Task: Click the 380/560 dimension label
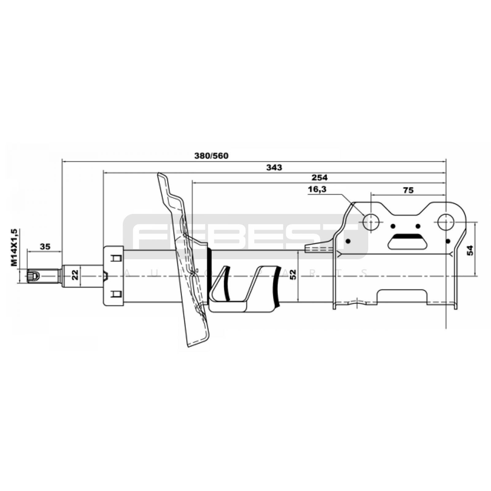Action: tap(211, 156)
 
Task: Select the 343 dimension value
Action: tap(274, 168)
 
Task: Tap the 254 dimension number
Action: tap(319, 177)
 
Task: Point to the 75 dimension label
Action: tap(408, 190)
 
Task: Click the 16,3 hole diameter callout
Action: tap(317, 190)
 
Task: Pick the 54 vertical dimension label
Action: tap(470, 250)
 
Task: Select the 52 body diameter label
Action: tap(293, 274)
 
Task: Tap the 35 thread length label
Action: tap(45, 246)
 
